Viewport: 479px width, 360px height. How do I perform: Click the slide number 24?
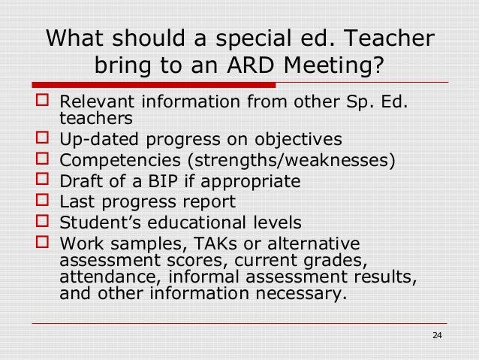pos(438,334)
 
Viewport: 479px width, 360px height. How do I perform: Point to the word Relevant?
pos(94,101)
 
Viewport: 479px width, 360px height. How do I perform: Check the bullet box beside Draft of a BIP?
pos(41,181)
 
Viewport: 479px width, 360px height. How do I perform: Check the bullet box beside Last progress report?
pos(41,201)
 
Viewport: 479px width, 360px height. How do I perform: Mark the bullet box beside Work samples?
pos(41,243)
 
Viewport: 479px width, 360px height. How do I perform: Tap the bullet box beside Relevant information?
pos(41,101)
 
